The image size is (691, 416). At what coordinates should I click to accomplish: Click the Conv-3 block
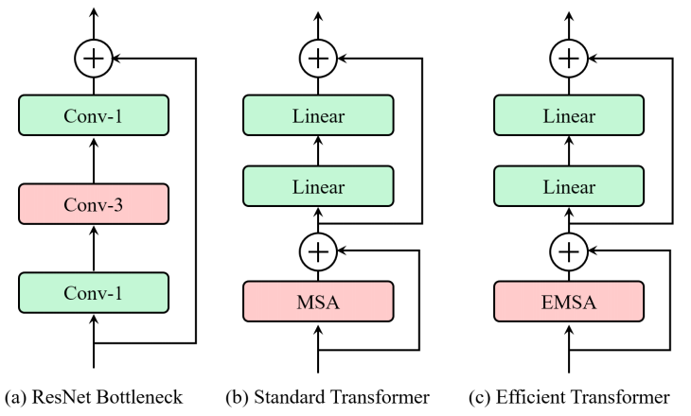tap(94, 203)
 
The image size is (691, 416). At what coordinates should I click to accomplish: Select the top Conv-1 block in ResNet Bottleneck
tap(94, 117)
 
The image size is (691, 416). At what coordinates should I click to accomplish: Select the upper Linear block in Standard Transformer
tap(318, 117)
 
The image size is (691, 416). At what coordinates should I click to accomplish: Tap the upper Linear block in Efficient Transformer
tap(569, 117)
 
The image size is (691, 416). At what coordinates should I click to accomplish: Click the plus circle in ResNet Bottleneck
tap(94, 59)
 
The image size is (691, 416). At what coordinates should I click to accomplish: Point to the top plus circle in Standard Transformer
tap(318, 59)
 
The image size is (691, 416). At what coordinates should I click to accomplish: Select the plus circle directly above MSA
tap(318, 251)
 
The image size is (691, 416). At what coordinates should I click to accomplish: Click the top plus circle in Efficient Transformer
tap(569, 59)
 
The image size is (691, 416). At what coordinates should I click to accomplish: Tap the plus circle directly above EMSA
tap(569, 251)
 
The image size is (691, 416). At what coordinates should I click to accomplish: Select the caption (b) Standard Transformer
tap(327, 396)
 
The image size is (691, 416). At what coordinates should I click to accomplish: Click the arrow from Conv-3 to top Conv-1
tap(94, 160)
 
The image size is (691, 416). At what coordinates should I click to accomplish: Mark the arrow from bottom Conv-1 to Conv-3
tap(94, 247)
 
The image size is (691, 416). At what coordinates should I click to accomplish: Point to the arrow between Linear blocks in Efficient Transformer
tap(569, 152)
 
